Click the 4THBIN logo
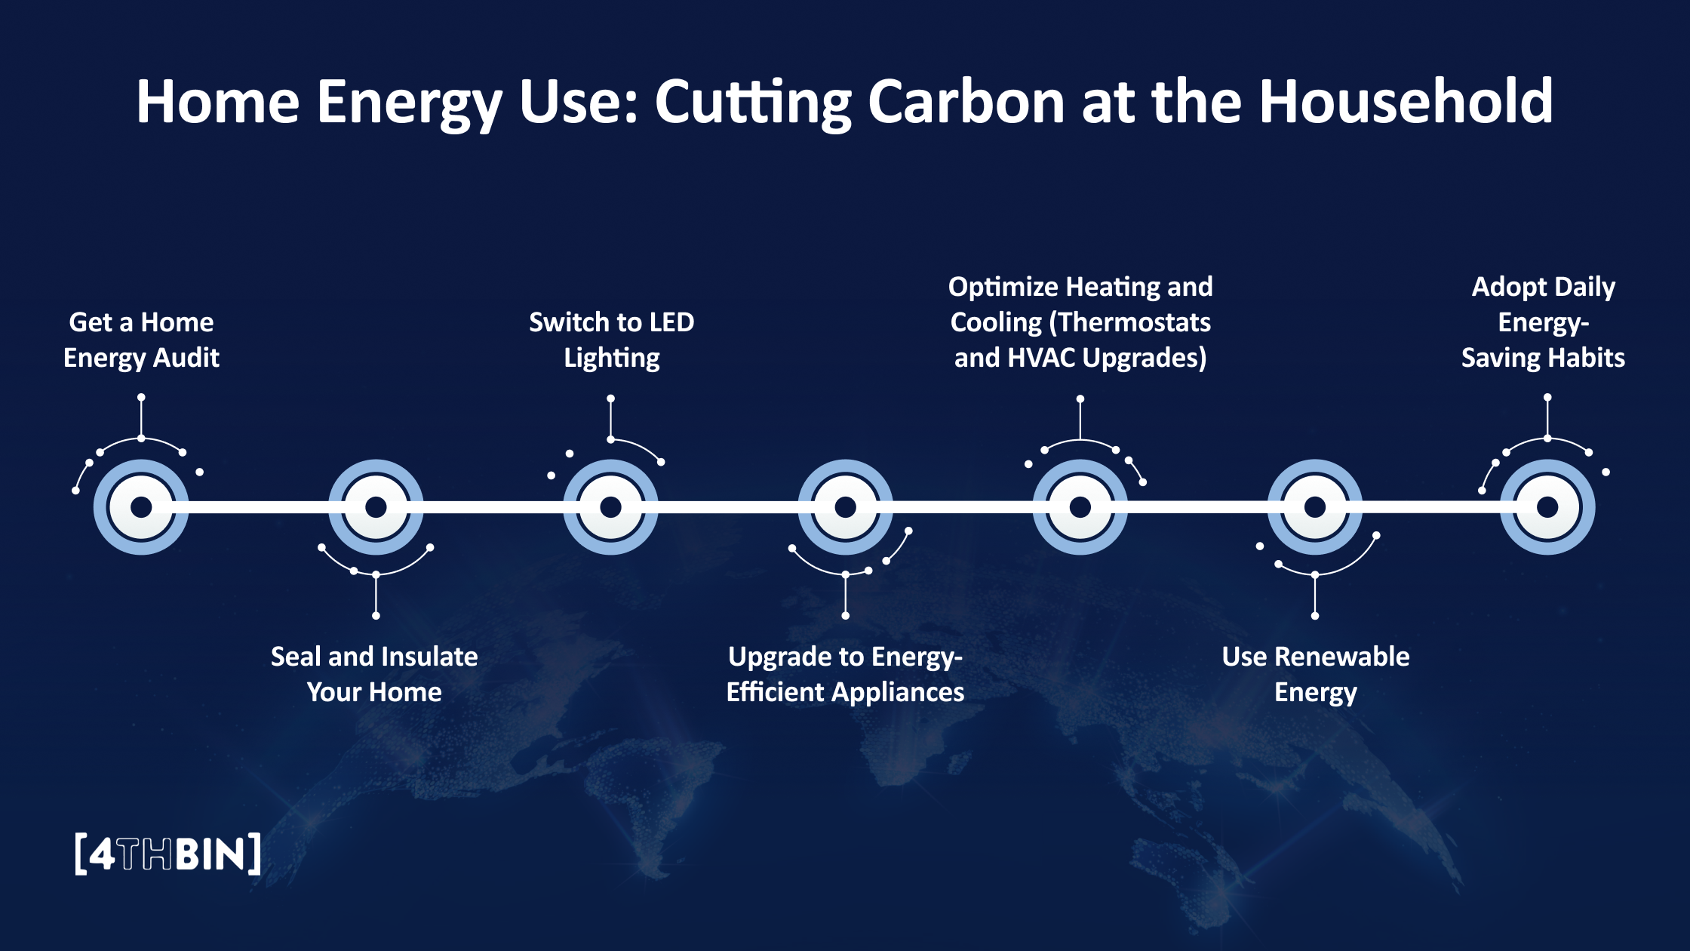pos(168,854)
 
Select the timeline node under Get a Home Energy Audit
pos(141,507)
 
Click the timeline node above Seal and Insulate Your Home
pos(376,507)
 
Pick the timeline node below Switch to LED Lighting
pos(610,507)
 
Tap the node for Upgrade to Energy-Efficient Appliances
pos(845,507)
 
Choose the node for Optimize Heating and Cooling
pos(1080,507)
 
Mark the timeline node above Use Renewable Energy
pos(1314,507)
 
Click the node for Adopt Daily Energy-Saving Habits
pos(1547,507)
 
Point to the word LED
pos(671,322)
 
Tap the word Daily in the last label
pos(1585,288)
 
